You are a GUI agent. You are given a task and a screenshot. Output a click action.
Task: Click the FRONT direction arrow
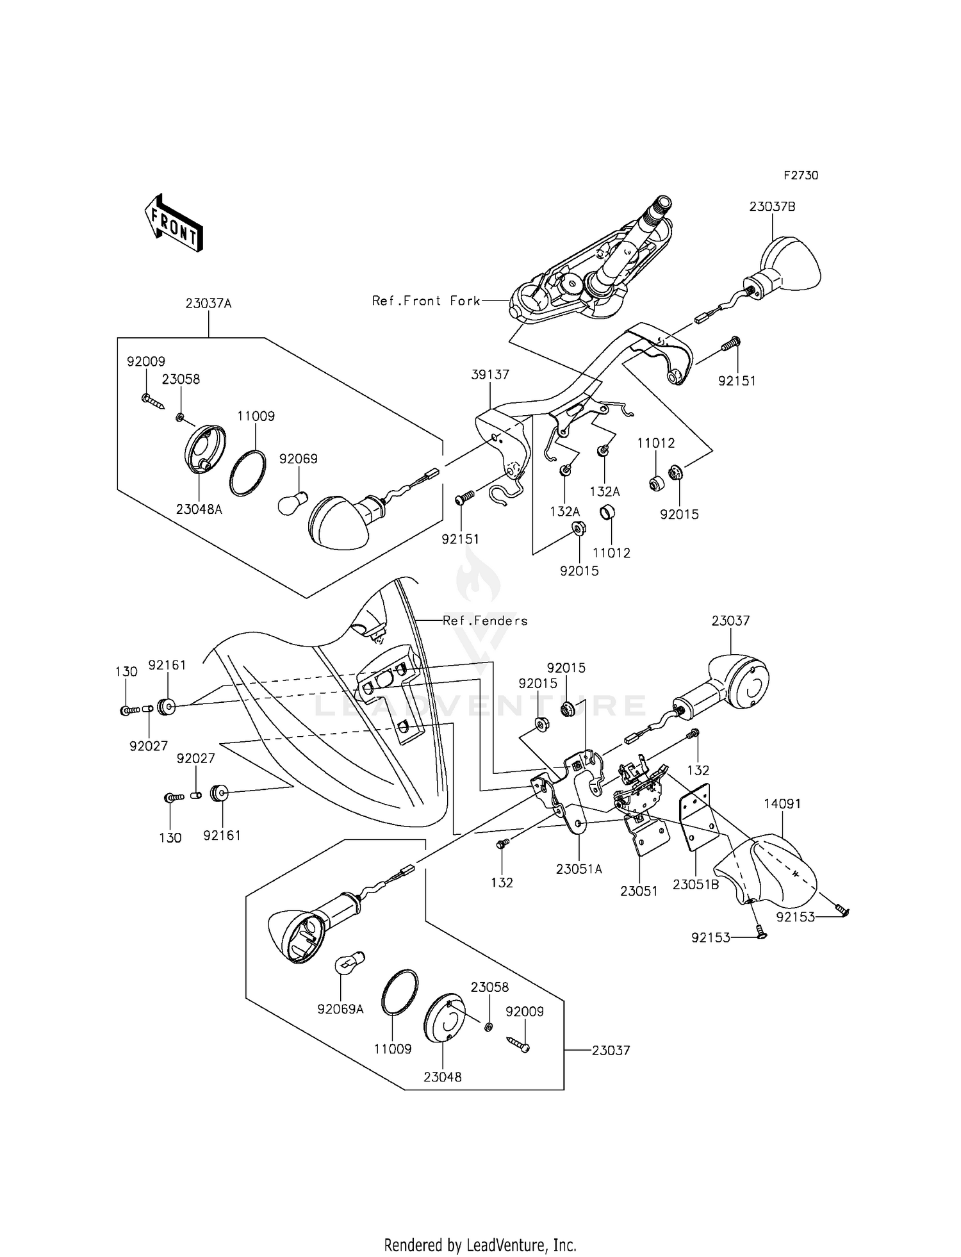tap(174, 222)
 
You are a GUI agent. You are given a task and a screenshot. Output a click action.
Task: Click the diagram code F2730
tap(801, 176)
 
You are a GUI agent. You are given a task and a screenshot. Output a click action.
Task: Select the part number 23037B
tap(773, 207)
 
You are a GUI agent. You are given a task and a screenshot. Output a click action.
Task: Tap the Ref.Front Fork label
tap(426, 300)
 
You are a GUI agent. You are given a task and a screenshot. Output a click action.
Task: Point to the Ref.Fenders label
tap(485, 620)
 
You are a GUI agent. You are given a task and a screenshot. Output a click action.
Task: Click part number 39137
tap(490, 374)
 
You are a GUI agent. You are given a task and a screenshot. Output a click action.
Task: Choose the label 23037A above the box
tap(209, 303)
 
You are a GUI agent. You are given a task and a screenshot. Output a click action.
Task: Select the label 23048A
tap(199, 510)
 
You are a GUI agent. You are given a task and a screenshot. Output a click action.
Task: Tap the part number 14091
tap(782, 803)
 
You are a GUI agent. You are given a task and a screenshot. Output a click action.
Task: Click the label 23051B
tap(696, 885)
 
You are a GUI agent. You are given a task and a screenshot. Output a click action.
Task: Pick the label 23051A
tap(579, 869)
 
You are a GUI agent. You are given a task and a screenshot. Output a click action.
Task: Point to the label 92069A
tap(340, 1009)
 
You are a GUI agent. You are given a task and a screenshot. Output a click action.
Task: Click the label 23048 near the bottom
tap(443, 1077)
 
